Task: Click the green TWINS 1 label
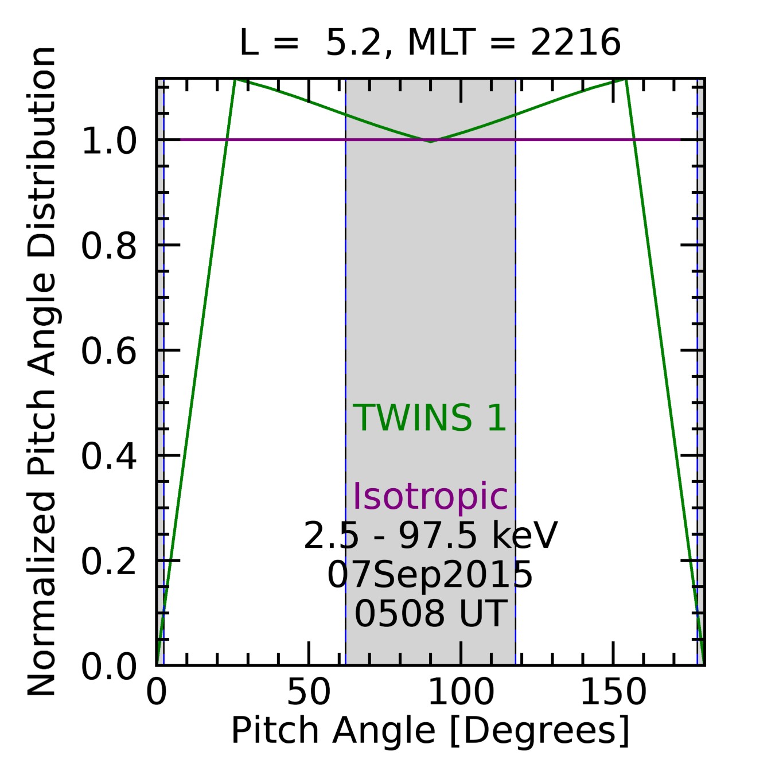(x=430, y=418)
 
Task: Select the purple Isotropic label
(x=430, y=496)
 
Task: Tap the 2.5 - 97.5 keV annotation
(x=430, y=536)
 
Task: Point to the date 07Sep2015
(x=430, y=574)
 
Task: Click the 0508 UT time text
(x=430, y=613)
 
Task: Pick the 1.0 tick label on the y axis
(x=109, y=141)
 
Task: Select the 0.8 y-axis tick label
(x=109, y=246)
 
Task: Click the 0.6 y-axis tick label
(x=109, y=351)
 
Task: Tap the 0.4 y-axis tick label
(x=109, y=457)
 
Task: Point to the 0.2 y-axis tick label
(x=109, y=562)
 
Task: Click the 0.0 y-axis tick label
(x=109, y=667)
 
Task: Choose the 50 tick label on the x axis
(x=309, y=692)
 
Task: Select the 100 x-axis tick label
(x=461, y=692)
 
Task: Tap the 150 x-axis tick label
(x=613, y=692)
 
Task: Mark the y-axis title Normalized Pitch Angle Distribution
(x=42, y=372)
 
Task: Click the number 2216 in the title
(x=575, y=43)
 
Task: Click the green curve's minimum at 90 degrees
(x=430, y=141)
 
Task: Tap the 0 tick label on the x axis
(x=156, y=692)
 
